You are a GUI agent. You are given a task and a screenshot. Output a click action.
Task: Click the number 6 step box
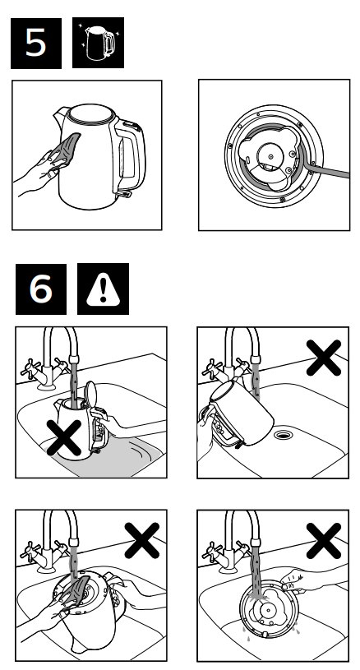37,290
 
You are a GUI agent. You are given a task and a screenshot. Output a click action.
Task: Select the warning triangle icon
101,290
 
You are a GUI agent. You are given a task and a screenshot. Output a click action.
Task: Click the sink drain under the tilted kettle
284,431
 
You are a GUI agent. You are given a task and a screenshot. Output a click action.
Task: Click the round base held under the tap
266,613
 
